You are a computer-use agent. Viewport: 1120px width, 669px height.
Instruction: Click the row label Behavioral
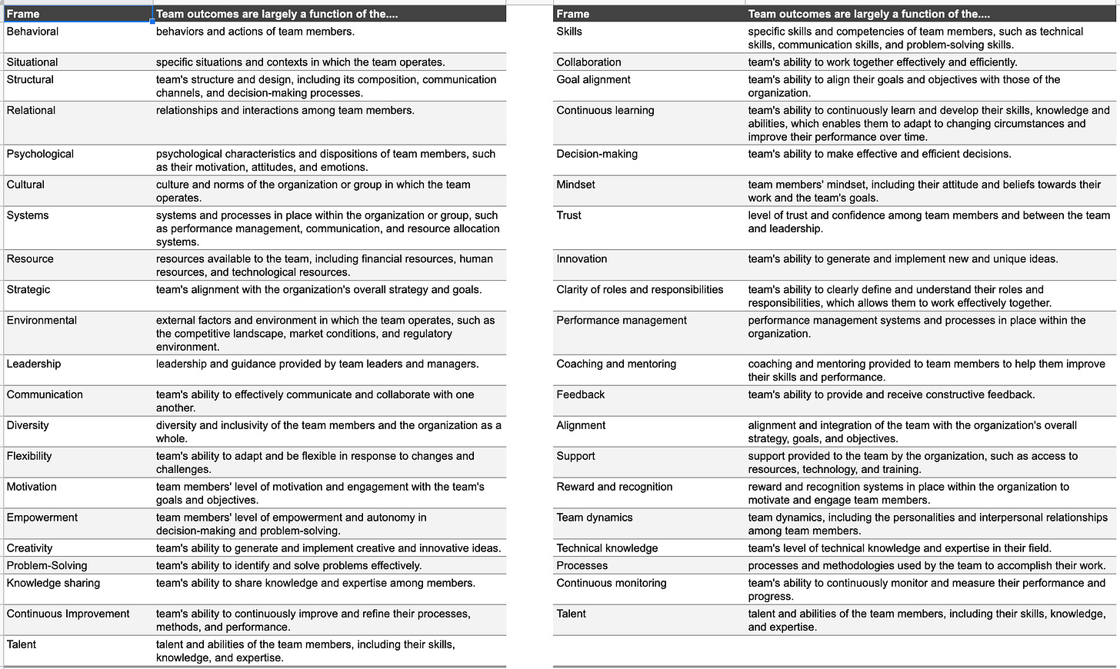(32, 32)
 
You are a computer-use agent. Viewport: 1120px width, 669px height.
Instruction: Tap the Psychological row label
(40, 154)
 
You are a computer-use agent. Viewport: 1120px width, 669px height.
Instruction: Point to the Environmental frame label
(42, 321)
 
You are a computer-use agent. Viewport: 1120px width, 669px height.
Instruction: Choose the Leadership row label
(34, 364)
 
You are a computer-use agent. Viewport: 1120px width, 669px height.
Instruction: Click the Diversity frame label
(28, 425)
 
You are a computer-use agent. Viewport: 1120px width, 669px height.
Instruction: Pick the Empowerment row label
(42, 518)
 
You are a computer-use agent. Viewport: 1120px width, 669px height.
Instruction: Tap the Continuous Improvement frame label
(68, 614)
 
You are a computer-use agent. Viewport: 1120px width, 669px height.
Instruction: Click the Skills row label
(569, 32)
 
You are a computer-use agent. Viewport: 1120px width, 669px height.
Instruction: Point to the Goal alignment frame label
(593, 80)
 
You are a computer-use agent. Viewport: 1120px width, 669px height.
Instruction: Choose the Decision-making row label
(597, 154)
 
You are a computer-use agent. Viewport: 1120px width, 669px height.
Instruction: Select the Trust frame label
(569, 215)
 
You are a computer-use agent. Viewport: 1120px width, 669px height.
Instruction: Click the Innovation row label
(582, 259)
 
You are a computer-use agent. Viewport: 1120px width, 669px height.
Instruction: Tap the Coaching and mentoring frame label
(616, 364)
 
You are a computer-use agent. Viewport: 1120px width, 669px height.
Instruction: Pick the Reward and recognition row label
(615, 487)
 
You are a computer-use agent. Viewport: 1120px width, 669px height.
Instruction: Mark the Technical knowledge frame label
(607, 548)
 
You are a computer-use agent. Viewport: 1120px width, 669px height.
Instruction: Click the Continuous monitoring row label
(612, 583)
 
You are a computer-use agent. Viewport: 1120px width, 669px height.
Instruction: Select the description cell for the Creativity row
(328, 548)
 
